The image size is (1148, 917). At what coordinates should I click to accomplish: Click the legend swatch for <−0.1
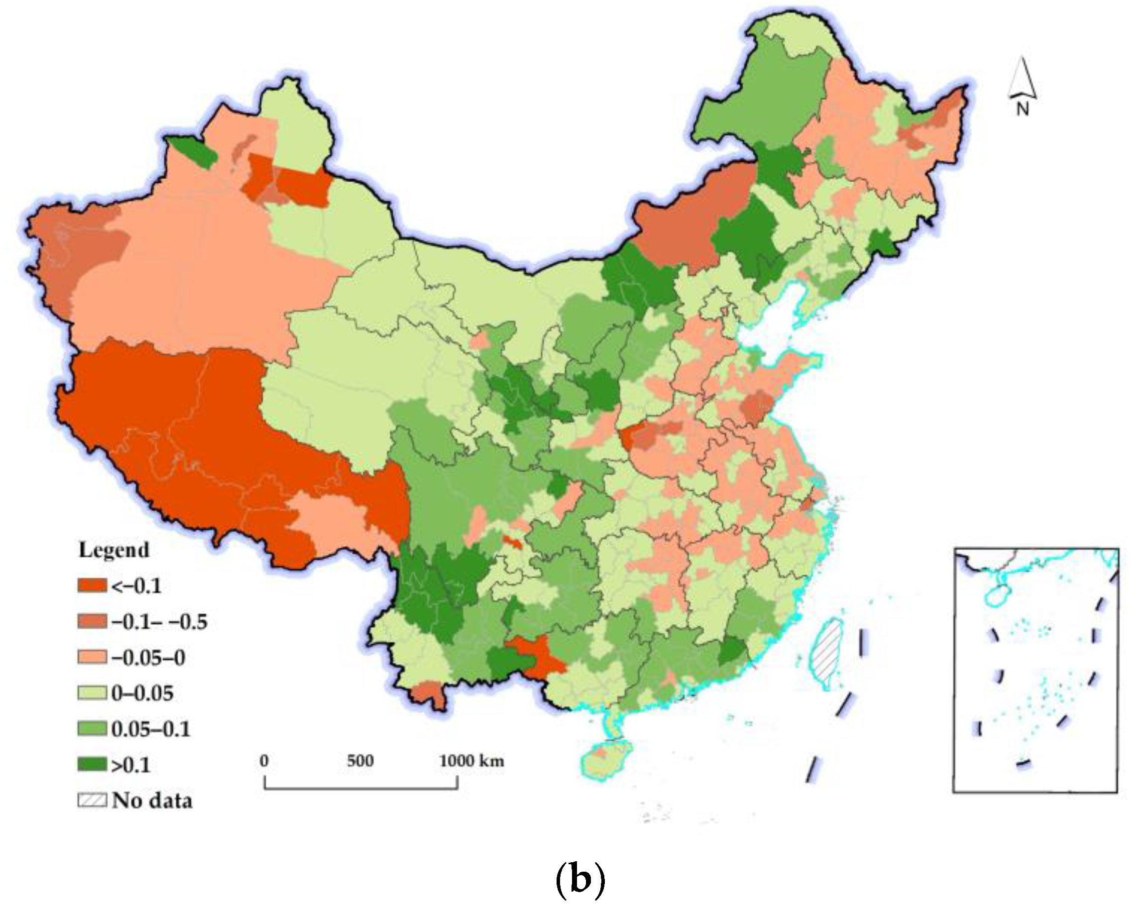tap(92, 585)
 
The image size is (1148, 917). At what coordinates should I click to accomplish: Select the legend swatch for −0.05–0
tap(92, 657)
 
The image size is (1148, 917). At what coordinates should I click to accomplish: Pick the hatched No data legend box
tap(92, 801)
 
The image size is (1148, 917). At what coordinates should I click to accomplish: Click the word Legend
tap(114, 550)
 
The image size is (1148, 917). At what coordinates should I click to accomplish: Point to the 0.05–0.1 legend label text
tap(151, 729)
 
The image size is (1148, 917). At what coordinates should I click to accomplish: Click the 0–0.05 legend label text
tap(142, 693)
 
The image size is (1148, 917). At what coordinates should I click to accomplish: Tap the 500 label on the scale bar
tap(360, 761)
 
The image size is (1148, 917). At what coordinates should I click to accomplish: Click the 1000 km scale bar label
tap(471, 761)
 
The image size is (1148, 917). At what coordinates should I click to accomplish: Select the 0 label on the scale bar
tap(264, 761)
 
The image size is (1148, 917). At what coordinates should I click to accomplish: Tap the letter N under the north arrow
tap(1023, 109)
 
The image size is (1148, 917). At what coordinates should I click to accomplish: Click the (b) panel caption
tap(580, 879)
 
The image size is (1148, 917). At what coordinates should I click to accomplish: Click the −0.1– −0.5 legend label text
tap(159, 621)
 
